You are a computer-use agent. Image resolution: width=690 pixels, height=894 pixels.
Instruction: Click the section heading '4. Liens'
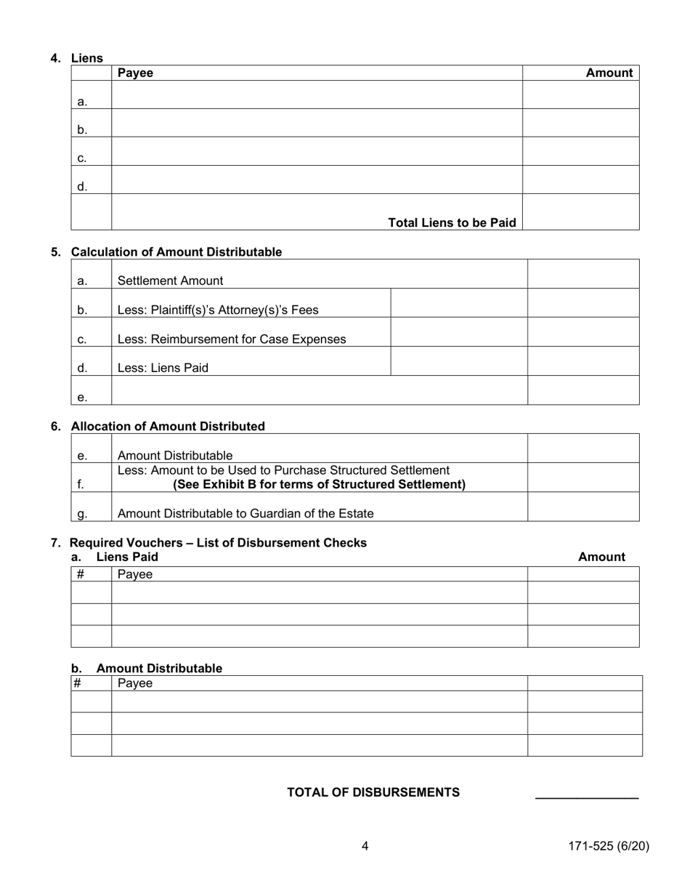(77, 58)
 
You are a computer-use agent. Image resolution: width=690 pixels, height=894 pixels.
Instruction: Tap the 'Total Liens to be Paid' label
(452, 222)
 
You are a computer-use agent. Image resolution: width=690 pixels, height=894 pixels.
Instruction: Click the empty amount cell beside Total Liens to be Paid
(580, 212)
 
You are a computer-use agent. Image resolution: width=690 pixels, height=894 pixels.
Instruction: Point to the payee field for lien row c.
(317, 151)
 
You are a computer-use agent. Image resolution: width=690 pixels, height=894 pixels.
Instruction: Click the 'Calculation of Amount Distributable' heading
(176, 252)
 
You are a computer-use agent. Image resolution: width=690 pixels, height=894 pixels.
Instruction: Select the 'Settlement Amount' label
(170, 281)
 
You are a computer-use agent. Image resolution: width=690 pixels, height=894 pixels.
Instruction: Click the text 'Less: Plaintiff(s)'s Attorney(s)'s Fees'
(217, 310)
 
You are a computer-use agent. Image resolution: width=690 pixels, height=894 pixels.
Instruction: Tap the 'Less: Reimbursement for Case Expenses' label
(231, 339)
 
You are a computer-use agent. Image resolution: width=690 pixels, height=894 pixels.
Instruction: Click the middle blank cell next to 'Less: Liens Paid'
(458, 361)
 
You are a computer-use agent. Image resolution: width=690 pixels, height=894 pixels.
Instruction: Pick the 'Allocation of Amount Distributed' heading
(168, 426)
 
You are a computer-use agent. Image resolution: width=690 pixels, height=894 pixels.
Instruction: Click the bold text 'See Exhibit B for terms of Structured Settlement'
(319, 484)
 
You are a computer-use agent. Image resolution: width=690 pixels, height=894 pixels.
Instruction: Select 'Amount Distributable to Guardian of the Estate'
(245, 513)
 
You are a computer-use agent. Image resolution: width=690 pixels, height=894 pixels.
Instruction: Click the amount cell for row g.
(583, 507)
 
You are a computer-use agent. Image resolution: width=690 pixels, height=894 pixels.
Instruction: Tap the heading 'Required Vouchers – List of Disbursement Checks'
(218, 543)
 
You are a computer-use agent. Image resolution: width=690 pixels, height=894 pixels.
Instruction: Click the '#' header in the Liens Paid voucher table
(81, 574)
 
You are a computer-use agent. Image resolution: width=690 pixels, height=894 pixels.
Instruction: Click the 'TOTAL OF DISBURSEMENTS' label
(373, 792)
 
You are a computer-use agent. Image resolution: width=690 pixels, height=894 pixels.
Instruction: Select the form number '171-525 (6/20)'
(608, 846)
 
